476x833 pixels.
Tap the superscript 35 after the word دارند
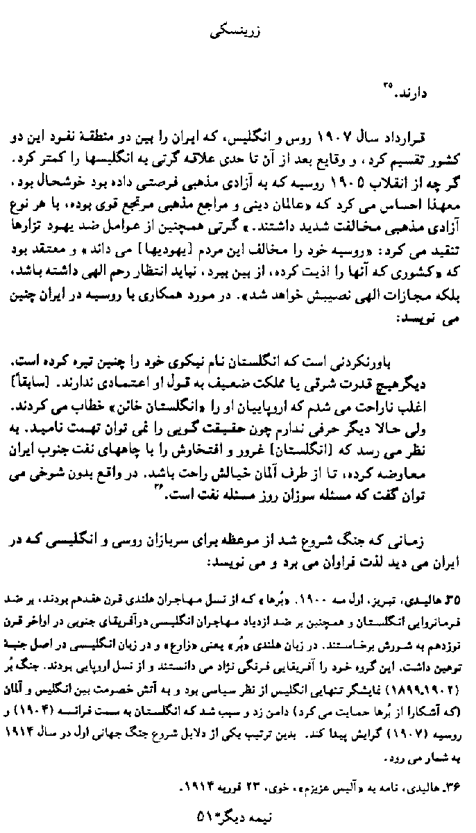(x=385, y=85)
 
